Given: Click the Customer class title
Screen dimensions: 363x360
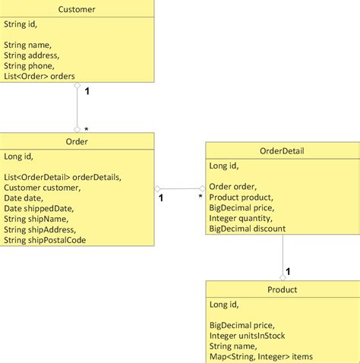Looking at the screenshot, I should pyautogui.click(x=77, y=9).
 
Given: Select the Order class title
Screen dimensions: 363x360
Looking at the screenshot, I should pyautogui.click(x=77, y=141).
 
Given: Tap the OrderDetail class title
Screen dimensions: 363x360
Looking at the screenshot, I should pyautogui.click(x=282, y=150).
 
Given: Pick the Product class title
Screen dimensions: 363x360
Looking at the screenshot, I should pyautogui.click(x=282, y=289).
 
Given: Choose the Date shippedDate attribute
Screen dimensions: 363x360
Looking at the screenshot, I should pyautogui.click(x=37, y=208).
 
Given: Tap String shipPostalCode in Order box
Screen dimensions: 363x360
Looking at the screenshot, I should pyautogui.click(x=45, y=240).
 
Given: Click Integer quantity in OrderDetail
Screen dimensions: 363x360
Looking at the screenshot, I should pyautogui.click(x=242, y=218).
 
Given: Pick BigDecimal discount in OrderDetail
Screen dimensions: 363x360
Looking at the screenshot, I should pyautogui.click(x=247, y=229).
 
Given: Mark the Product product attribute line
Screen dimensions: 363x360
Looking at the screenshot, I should pyautogui.click(x=241, y=197).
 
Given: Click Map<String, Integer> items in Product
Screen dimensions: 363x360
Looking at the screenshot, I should pyautogui.click(x=261, y=356).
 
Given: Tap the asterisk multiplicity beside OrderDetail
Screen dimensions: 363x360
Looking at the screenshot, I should pyautogui.click(x=201, y=197).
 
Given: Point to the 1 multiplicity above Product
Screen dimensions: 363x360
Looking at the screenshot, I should pyautogui.click(x=289, y=271).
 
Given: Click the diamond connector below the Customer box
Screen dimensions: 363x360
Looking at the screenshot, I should pyautogui.click(x=77, y=87).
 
